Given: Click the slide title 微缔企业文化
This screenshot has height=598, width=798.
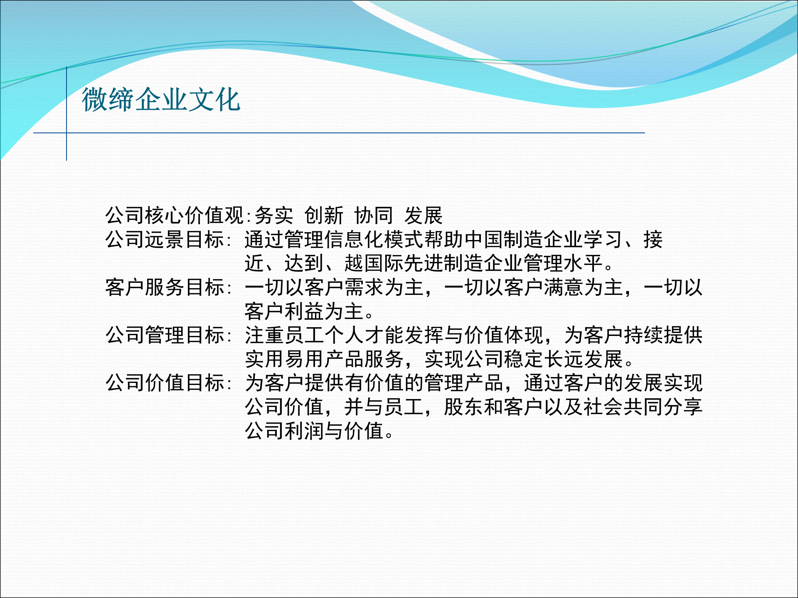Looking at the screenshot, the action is [x=161, y=100].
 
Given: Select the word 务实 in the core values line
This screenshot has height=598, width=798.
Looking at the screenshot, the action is [x=274, y=216].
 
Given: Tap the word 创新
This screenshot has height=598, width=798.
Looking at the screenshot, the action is [x=324, y=216].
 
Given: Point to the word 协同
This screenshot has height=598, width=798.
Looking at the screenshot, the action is [x=374, y=216].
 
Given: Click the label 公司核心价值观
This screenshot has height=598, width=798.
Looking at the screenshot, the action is [x=175, y=216].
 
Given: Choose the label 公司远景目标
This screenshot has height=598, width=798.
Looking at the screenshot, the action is [x=165, y=240].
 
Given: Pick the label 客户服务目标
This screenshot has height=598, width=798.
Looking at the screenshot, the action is [x=165, y=287].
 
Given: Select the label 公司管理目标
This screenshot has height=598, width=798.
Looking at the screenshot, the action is [x=165, y=335].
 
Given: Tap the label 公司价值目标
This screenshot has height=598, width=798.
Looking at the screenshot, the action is [x=165, y=383].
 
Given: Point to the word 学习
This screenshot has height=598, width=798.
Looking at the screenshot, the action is [x=603, y=240].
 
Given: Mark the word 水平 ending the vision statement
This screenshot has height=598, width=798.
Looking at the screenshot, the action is [x=584, y=263].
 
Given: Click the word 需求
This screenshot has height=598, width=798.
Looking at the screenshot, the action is [x=364, y=287].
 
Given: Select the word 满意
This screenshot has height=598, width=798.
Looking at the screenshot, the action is [x=564, y=287].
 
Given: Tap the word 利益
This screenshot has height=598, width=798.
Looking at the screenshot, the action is [x=304, y=311].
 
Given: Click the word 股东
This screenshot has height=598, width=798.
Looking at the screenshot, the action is [x=464, y=407].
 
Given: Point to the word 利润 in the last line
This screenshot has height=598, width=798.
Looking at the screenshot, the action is [x=304, y=431].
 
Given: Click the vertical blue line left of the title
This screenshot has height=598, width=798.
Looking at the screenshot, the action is [x=66, y=113].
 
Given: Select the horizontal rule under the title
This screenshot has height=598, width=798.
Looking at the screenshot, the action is [x=339, y=133].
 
